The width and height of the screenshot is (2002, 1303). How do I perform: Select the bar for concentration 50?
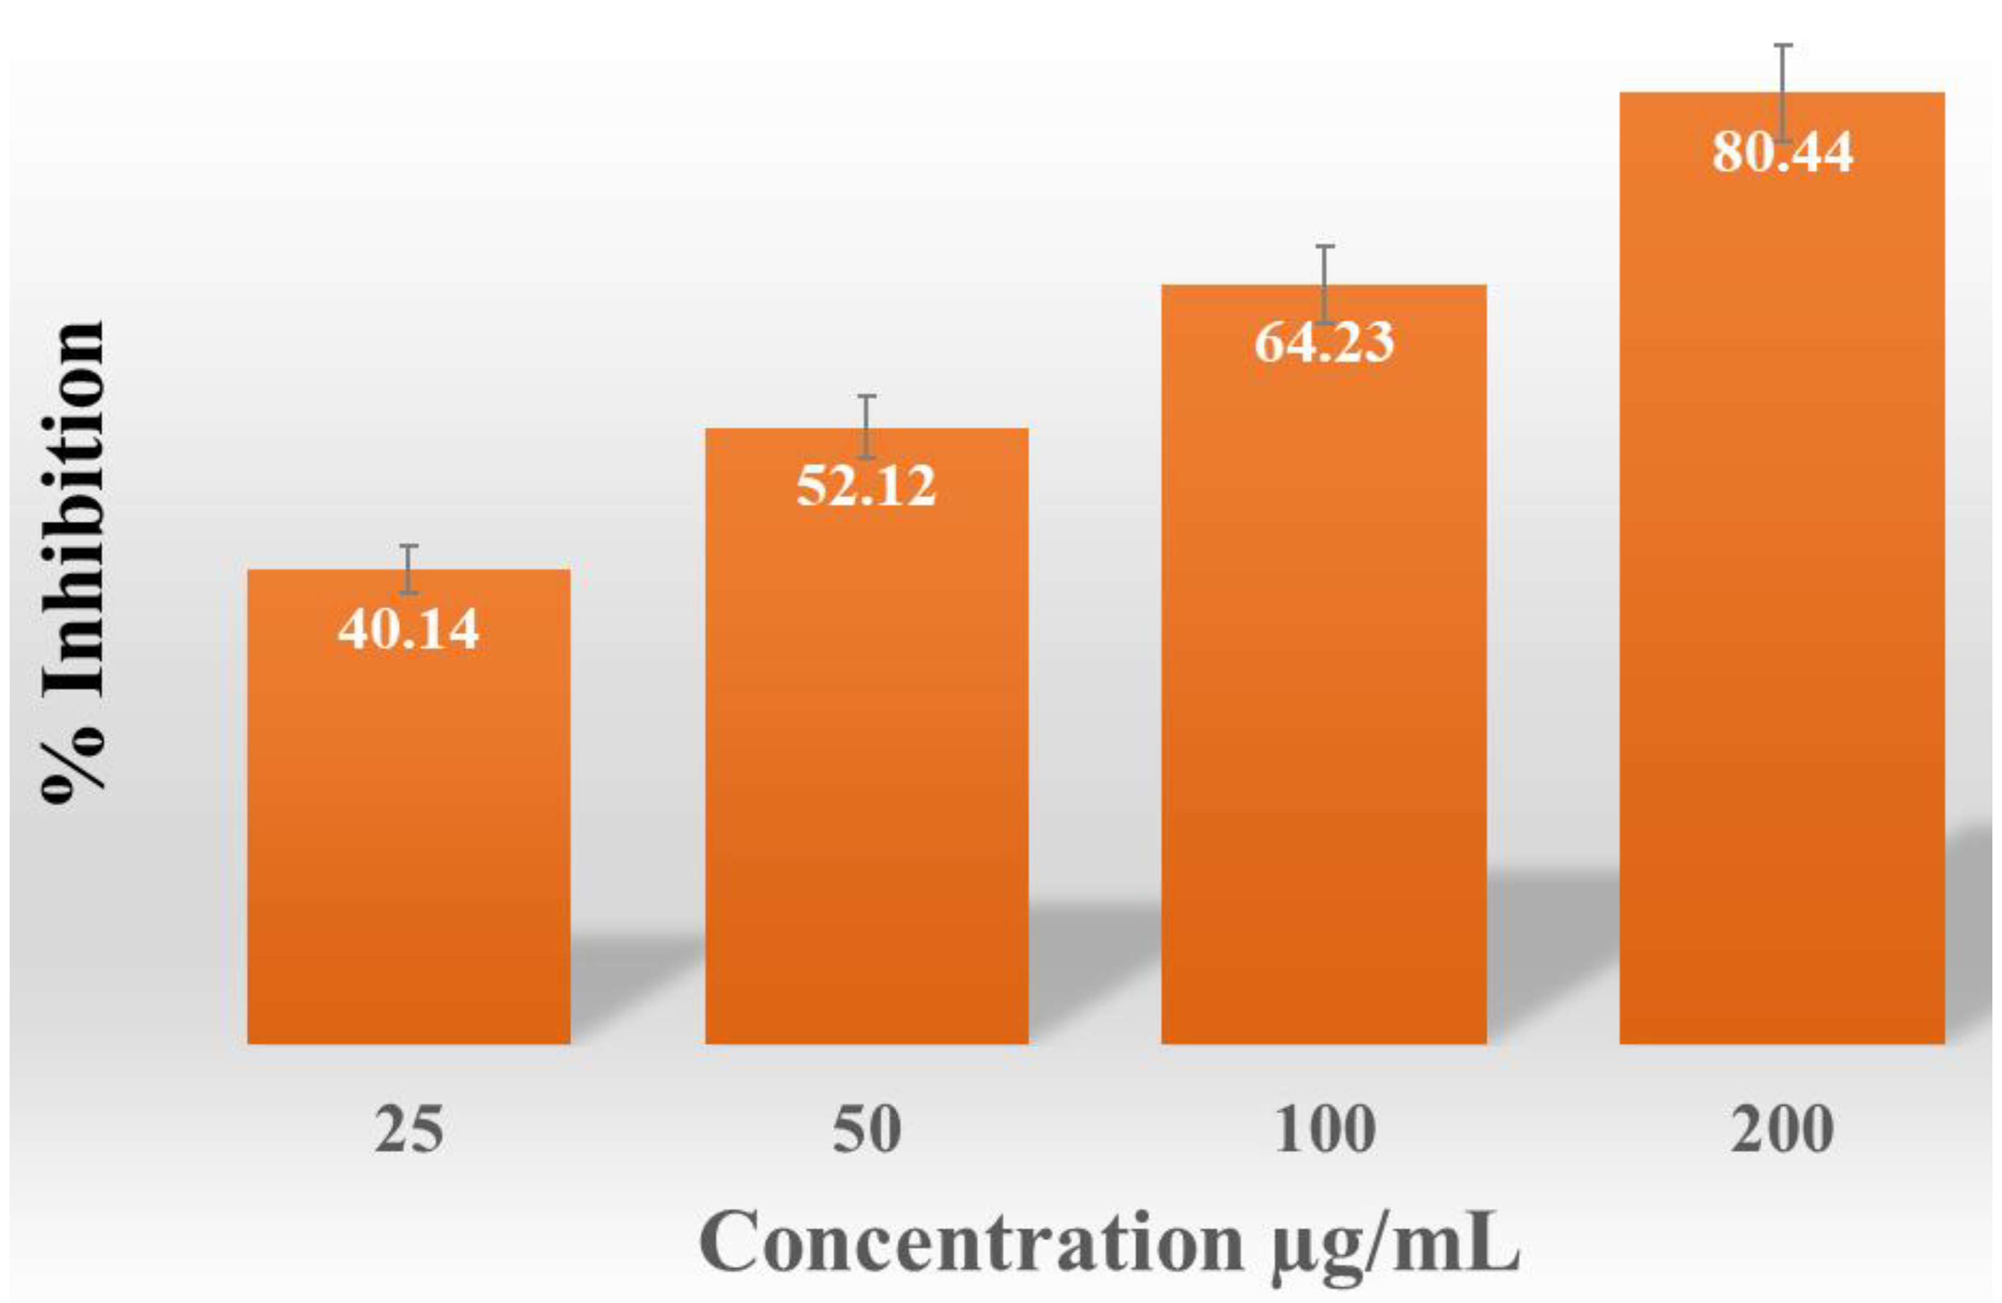pyautogui.click(x=866, y=757)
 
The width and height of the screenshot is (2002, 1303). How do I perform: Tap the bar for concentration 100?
pyautogui.click(x=1324, y=690)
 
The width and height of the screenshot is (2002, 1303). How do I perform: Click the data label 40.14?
pyautogui.click(x=409, y=629)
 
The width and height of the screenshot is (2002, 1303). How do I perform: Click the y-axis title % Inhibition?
pyautogui.click(x=74, y=564)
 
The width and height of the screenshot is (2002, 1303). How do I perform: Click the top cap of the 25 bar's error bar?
pyautogui.click(x=409, y=547)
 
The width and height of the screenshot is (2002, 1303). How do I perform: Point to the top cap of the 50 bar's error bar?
pyautogui.click(x=866, y=396)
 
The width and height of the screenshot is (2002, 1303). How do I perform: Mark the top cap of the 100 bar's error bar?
pyautogui.click(x=1325, y=247)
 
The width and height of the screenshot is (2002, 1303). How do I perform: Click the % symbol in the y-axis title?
pyautogui.click(x=74, y=761)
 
